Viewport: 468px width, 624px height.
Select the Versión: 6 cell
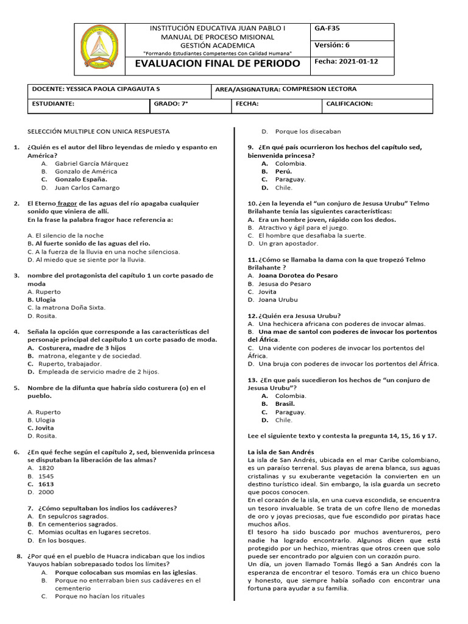tap(332, 44)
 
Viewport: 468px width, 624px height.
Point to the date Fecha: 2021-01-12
tap(346, 62)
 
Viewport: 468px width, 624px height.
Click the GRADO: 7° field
tap(171, 104)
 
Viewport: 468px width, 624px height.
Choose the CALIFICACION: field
tap(349, 104)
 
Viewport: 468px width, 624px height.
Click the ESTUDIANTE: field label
tap(53, 104)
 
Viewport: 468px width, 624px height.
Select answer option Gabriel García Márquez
tap(91, 163)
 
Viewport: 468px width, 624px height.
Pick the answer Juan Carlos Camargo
tap(87, 188)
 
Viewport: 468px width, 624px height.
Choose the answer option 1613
tap(46, 484)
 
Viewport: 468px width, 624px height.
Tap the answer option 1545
tap(46, 476)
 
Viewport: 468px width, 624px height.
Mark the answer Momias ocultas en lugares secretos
tap(94, 532)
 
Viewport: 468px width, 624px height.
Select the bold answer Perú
tap(283, 171)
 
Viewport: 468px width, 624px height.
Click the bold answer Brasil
tap(285, 403)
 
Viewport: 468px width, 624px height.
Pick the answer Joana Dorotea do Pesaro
tap(297, 275)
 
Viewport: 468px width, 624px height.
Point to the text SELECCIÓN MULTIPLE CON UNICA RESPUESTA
tap(99, 131)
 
